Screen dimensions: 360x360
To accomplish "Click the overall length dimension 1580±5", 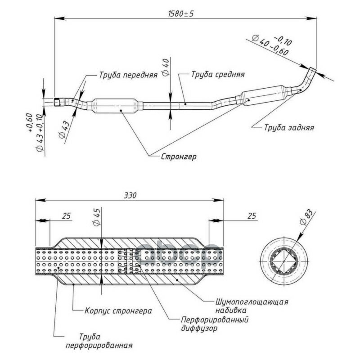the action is [181, 14].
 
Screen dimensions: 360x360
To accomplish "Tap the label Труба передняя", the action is [128, 75].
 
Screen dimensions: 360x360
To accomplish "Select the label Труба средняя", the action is [218, 74].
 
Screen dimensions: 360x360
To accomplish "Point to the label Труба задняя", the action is [289, 127].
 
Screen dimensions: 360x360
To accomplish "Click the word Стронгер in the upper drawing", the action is [179, 157].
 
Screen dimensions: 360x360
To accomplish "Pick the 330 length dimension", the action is [130, 195].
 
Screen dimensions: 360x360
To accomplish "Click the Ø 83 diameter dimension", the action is [306, 217].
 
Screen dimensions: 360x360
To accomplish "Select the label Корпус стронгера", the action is [118, 311].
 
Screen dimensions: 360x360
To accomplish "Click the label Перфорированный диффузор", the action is [215, 324].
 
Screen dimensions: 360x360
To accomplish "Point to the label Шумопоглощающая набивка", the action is [252, 306].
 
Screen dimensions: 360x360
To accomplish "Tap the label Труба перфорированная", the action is [99, 341].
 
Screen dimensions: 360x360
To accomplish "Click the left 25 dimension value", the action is [66, 216].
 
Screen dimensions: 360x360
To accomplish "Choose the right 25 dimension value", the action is [252, 216].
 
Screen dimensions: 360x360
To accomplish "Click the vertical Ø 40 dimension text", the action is [166, 67].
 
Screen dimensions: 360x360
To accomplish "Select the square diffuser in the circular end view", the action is [284, 261].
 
